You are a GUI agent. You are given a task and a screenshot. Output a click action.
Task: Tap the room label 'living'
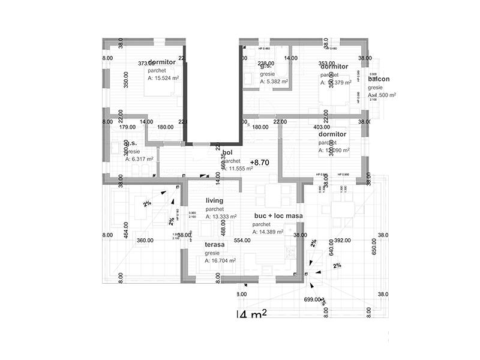coord(215,200)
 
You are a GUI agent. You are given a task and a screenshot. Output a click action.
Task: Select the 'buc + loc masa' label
coord(278,215)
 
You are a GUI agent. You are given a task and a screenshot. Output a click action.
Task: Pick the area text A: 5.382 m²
coord(274,82)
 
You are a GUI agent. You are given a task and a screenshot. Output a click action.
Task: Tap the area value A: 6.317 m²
coord(139,159)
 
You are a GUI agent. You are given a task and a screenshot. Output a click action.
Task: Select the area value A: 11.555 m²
coord(239,169)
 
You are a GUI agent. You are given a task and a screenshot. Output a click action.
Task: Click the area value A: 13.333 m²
coord(221,217)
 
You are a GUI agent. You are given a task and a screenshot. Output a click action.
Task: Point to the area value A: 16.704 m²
coord(220,261)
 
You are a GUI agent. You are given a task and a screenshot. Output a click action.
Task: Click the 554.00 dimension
coord(242,240)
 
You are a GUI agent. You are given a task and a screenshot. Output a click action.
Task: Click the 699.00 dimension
coord(313,299)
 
